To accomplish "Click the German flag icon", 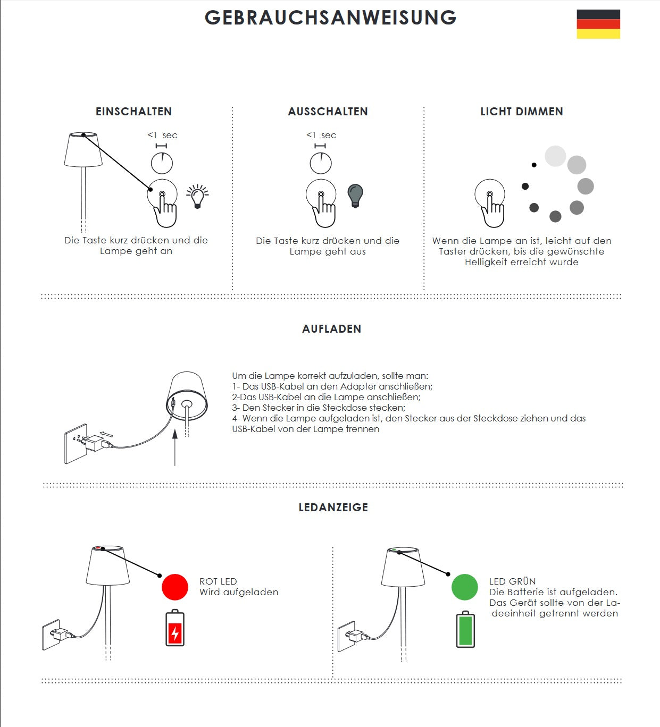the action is [598, 24].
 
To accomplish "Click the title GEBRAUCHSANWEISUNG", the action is [331, 18].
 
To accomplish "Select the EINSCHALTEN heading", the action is [133, 112].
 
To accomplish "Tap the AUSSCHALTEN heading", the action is [328, 112].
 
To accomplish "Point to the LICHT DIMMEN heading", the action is [522, 112].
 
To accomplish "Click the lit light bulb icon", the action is [197, 197].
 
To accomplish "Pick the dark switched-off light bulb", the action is [355, 196].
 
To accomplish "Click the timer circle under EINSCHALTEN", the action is [162, 163].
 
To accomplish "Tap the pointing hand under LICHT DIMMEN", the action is [492, 210].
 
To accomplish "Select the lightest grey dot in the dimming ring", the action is [555, 156].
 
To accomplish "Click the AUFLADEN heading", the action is [332, 329].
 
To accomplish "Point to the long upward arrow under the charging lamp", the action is [175, 447].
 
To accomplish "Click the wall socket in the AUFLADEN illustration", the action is [76, 444].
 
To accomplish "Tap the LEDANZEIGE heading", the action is [333, 508].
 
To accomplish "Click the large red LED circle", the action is [175, 587].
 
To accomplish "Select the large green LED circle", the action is [464, 587].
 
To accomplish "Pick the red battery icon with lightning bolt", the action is [175, 628].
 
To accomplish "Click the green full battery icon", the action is [465, 630].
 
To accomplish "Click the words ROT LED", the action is [218, 581].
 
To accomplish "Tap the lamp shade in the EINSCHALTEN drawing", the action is [83, 150].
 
